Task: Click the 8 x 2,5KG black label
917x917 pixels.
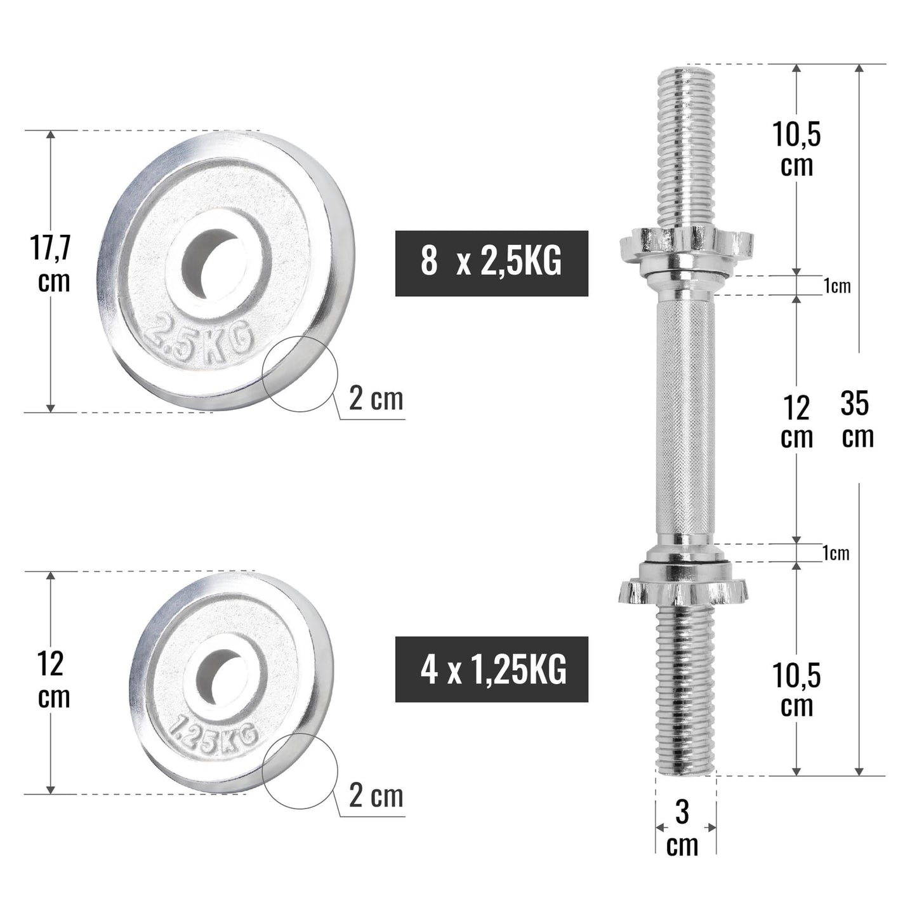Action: coord(491,263)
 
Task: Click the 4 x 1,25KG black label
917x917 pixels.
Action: coord(491,669)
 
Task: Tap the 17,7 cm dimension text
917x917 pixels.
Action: coord(53,264)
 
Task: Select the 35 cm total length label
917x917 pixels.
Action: coord(857,419)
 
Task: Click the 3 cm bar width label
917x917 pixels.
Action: coord(682,828)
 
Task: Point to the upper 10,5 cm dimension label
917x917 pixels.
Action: coord(796,150)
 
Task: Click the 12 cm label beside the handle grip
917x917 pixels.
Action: coord(796,422)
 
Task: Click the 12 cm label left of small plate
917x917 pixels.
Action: coord(53,680)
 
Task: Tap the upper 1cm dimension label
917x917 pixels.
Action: coord(836,287)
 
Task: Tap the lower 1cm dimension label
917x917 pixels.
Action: coord(836,554)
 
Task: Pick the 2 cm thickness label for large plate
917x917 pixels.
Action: coord(376,400)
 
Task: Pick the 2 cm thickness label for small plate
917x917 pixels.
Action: coord(376,796)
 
